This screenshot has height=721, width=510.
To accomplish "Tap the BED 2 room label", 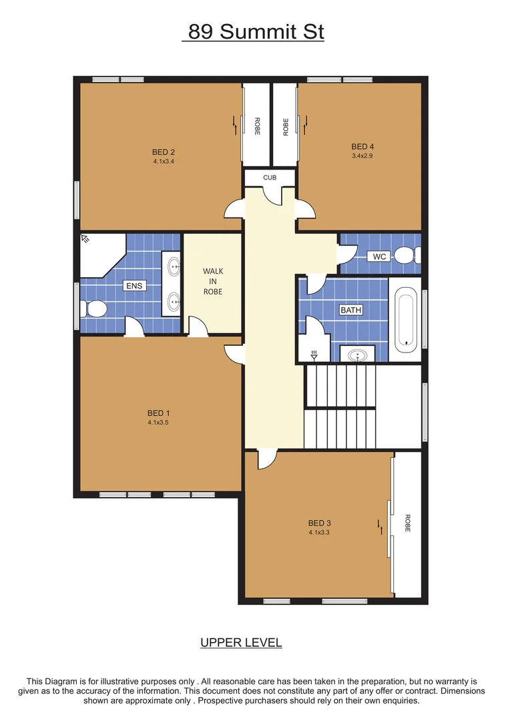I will [x=163, y=152].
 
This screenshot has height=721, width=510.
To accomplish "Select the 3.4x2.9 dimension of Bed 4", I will [x=363, y=156].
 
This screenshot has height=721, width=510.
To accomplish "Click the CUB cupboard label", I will [x=269, y=178].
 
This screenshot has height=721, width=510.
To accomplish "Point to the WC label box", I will [x=380, y=256].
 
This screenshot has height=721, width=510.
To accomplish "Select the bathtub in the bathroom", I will [x=406, y=320].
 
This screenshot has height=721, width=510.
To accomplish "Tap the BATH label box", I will [x=351, y=310].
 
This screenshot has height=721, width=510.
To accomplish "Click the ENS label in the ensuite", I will [x=134, y=286].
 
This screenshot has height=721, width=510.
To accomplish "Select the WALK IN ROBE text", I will [x=213, y=281].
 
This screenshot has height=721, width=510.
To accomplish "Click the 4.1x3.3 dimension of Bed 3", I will [x=320, y=533].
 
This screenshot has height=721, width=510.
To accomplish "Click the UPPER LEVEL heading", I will [x=241, y=643].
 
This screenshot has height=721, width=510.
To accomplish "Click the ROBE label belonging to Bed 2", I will [x=257, y=127].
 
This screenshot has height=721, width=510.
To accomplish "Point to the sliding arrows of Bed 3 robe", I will [x=380, y=526].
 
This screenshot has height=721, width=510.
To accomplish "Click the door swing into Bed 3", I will [x=266, y=459].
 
